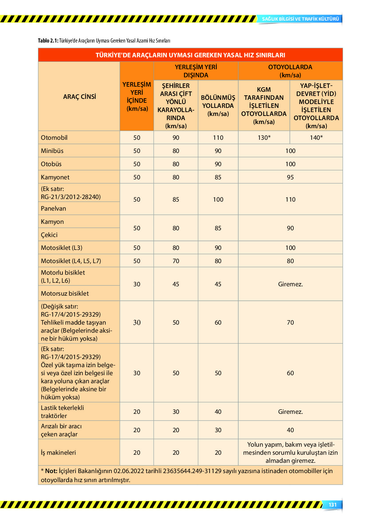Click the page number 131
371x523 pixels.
pos(333,505)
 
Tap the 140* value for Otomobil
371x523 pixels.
pos(316,138)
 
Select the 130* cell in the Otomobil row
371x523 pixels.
pos(264,138)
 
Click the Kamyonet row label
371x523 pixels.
pos(55,177)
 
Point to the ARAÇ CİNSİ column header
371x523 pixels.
pos(80,97)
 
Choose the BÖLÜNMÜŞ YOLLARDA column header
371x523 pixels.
pos(218,105)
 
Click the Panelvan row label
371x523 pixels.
pos(53,208)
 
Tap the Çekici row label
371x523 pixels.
pos(49,235)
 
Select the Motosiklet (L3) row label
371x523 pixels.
pos(62,248)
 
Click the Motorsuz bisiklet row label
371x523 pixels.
pos(65,293)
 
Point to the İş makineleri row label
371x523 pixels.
pos(58,452)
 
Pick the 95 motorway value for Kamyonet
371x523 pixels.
pos(290,177)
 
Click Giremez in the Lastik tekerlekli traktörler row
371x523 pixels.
pos(290,412)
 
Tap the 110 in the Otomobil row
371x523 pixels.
pos(218,138)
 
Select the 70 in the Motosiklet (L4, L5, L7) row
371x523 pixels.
pos(176,261)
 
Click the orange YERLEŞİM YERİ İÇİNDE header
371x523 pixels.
pos(137,97)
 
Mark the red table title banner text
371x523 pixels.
pos(190,55)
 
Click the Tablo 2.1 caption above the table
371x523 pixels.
pos(104,41)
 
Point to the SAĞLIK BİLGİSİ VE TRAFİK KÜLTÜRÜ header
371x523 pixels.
pos(300,19)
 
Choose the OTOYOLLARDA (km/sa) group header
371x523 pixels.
pos(290,71)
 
